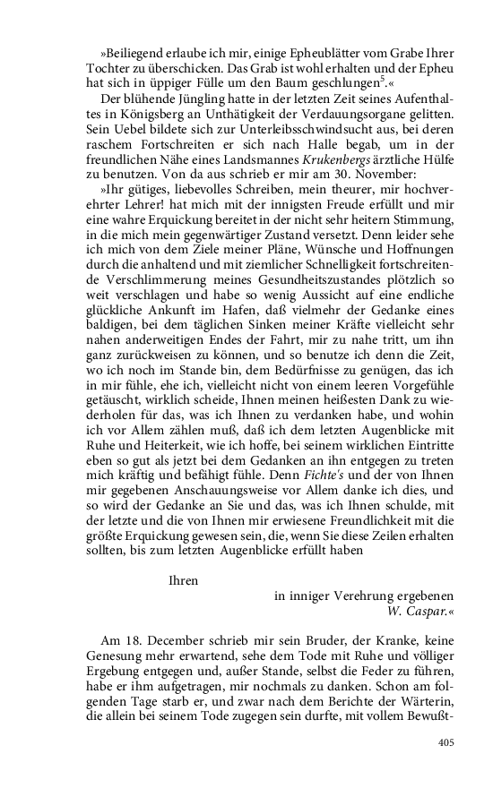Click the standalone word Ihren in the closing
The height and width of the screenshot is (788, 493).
pyautogui.click(x=183, y=579)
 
